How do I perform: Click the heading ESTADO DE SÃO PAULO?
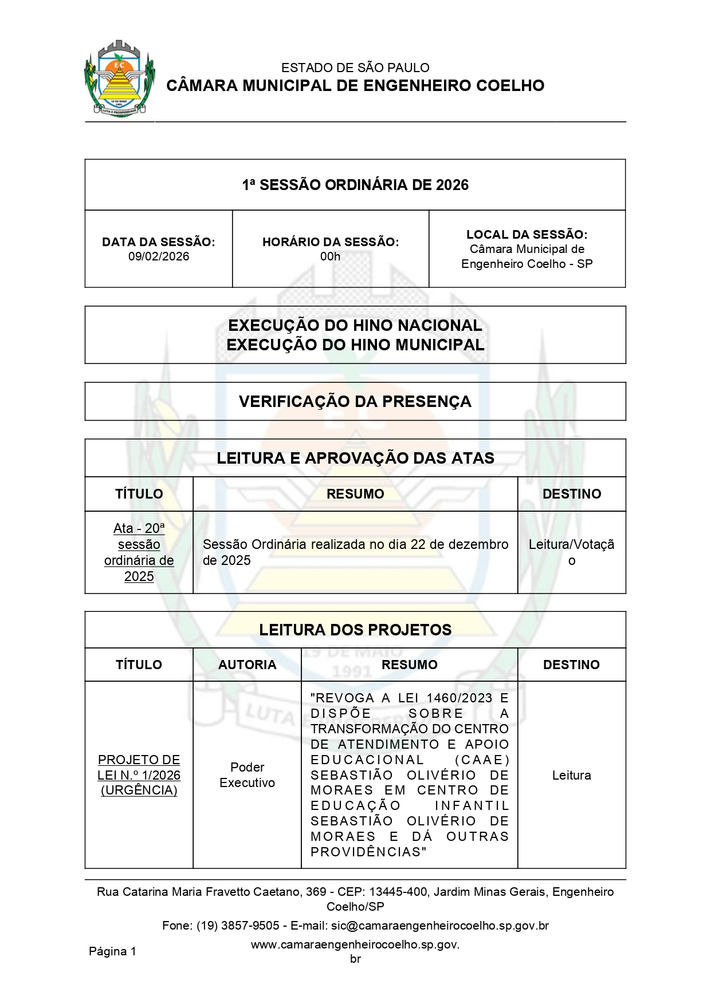[355, 68]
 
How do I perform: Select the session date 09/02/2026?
[159, 256]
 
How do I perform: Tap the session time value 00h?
[330, 256]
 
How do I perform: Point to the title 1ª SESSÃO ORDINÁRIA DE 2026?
[355, 185]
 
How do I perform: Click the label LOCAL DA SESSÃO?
[527, 235]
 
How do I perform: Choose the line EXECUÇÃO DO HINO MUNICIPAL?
[355, 345]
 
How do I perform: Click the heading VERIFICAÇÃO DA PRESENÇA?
[355, 401]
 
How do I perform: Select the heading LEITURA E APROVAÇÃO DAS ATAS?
[355, 458]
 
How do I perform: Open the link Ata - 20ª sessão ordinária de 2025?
[139, 552]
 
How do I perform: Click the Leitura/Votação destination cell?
[571, 552]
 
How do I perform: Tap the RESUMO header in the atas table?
[355, 494]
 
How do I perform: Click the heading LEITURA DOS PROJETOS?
[355, 630]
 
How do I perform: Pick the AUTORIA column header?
[247, 665]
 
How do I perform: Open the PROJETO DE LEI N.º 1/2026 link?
[139, 775]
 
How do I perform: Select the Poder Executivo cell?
[247, 775]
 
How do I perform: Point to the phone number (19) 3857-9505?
[238, 926]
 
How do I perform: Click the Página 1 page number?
[112, 951]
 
